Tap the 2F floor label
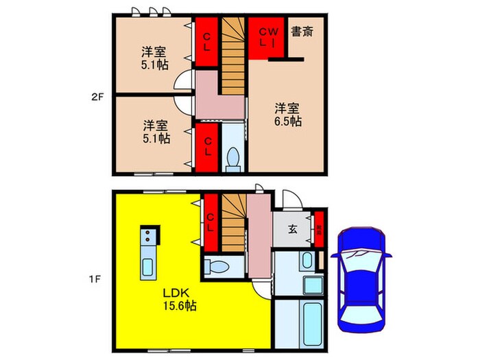pos(97,97)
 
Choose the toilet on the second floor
pos(232,158)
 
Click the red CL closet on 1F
pos(211,223)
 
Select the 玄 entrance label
pos(291,229)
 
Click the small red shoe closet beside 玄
pos(318,228)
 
